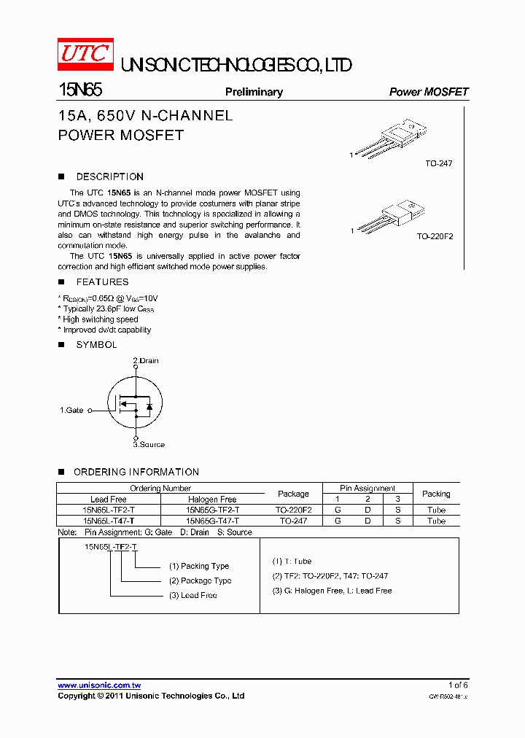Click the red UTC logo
click(85, 55)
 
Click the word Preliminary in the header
click(254, 92)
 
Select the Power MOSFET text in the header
click(429, 92)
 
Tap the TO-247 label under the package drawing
click(439, 163)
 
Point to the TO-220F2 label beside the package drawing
click(435, 236)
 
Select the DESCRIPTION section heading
click(109, 176)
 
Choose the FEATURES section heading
click(102, 281)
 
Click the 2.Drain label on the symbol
click(146, 361)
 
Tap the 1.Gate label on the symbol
click(71, 411)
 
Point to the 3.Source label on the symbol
click(149, 444)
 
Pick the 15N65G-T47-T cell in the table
click(212, 521)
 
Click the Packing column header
click(436, 494)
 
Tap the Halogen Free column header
click(212, 500)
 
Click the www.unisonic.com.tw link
click(99, 685)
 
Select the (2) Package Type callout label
click(200, 580)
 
